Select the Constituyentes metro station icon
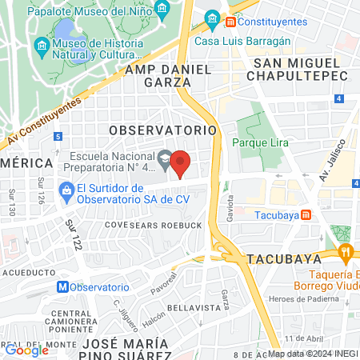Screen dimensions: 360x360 pyautogui.click(x=232, y=19)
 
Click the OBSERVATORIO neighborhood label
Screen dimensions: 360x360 pyautogui.click(x=162, y=129)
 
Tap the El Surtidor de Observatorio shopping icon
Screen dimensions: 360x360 pyautogui.click(x=67, y=190)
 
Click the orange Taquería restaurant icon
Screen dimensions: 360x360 pyautogui.click(x=346, y=255)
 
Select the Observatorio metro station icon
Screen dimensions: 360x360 pyautogui.click(x=62, y=286)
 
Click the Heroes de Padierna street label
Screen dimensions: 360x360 pyautogui.click(x=311, y=298)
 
